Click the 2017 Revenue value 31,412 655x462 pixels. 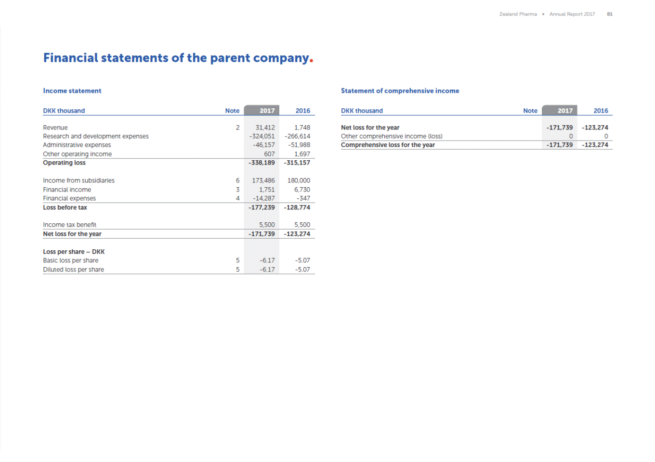click(x=265, y=128)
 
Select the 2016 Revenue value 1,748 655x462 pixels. click(x=302, y=128)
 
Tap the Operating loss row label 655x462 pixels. click(x=64, y=163)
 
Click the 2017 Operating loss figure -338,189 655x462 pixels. click(x=262, y=163)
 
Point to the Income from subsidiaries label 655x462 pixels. click(x=79, y=180)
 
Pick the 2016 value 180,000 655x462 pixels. click(x=299, y=180)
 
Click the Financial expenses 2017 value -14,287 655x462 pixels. click(x=263, y=198)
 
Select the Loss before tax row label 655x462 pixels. click(x=65, y=207)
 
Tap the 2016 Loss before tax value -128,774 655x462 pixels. click(x=297, y=207)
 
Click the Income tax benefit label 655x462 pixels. click(x=69, y=225)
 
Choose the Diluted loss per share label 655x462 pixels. click(x=73, y=269)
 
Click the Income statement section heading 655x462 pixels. click(x=72, y=91)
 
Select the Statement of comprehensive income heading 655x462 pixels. click(x=400, y=91)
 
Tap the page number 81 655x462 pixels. click(x=610, y=14)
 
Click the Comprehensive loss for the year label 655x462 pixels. click(x=388, y=145)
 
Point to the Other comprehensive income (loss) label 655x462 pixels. click(x=392, y=136)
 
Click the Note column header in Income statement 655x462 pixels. click(x=232, y=111)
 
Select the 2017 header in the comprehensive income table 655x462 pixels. click(x=565, y=111)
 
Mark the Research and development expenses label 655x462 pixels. click(x=96, y=136)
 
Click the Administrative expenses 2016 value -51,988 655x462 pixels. click(x=299, y=145)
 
